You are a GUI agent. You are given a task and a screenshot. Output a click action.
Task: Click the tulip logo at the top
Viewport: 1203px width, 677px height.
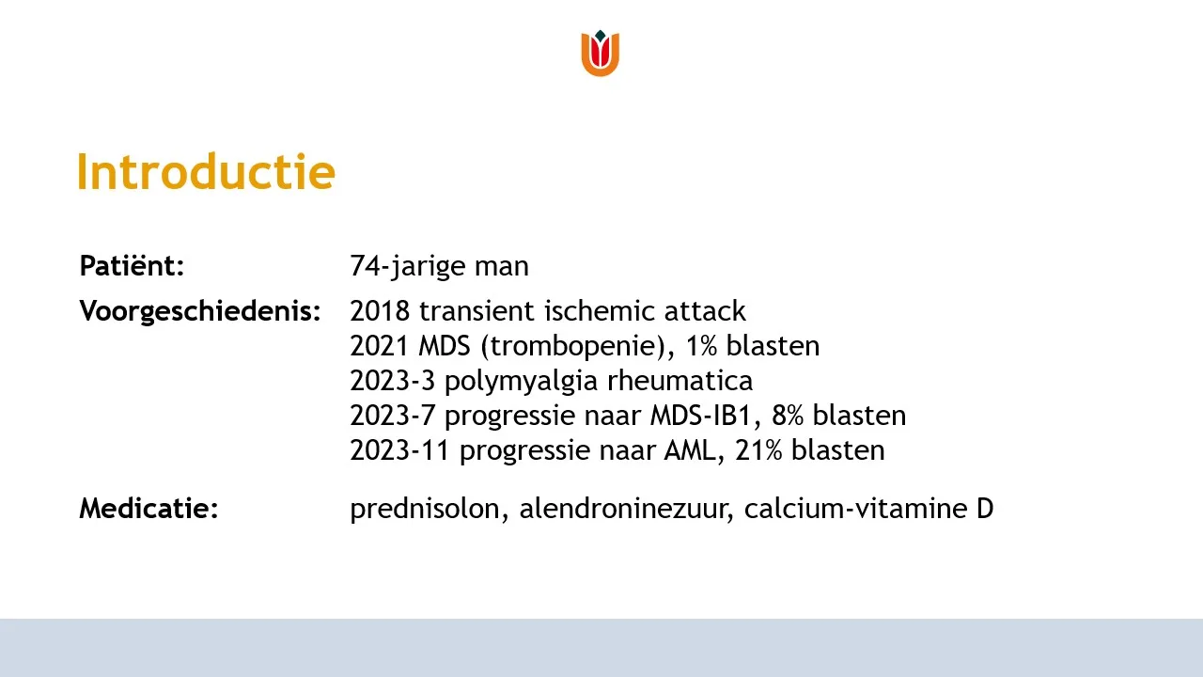pyautogui.click(x=601, y=54)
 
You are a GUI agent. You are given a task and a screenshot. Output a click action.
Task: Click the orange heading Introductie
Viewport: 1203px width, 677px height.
pyautogui.click(x=207, y=172)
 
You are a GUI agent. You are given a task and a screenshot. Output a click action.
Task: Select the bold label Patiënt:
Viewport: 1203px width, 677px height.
pyautogui.click(x=133, y=265)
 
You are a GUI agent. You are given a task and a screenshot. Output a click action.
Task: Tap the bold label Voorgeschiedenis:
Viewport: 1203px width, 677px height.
pyautogui.click(x=200, y=311)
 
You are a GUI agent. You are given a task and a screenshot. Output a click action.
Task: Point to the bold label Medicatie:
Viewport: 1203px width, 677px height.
pyautogui.click(x=149, y=509)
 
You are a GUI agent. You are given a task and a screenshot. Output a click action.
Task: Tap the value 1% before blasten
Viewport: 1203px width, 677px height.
pyautogui.click(x=701, y=346)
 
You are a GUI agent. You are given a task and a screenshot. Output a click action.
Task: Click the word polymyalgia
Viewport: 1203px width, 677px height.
pyautogui.click(x=521, y=382)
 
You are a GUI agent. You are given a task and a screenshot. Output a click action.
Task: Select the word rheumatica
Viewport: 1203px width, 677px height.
pyautogui.click(x=680, y=381)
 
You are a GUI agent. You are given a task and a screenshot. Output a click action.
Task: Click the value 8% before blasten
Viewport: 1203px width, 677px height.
pyautogui.click(x=788, y=416)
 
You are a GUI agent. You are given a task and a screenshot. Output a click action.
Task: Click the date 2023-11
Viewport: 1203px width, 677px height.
pyautogui.click(x=399, y=450)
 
